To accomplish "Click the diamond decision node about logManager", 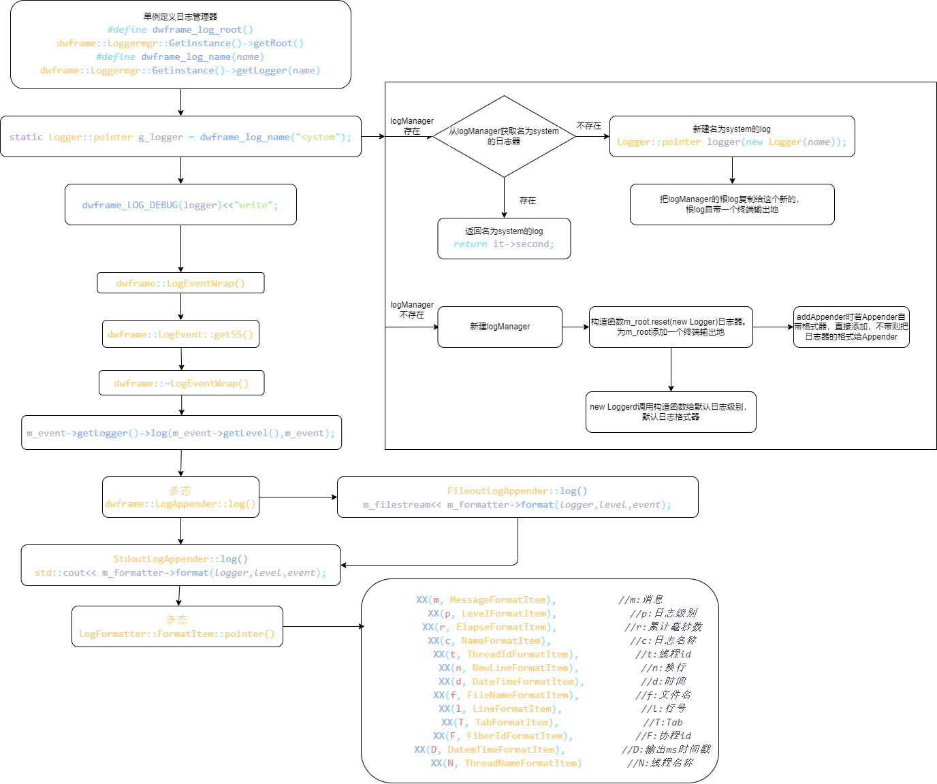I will [x=504, y=136].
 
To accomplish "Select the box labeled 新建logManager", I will [x=500, y=327].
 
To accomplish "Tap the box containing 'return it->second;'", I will [x=504, y=238].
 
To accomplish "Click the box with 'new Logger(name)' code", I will [x=732, y=136].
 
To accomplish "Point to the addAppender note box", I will [x=851, y=327].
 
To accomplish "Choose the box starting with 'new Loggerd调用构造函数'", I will [x=671, y=412].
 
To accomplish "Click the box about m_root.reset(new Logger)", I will [x=671, y=327].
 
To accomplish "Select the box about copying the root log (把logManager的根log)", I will [x=732, y=204].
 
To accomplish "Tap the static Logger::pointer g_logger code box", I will [x=180, y=137].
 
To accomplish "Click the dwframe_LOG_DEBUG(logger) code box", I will [x=180, y=205].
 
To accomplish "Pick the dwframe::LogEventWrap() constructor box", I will [x=180, y=283].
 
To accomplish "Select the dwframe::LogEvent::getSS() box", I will [x=180, y=334].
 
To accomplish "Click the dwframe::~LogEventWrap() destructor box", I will [x=181, y=383].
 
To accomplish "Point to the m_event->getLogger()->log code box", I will [x=181, y=433].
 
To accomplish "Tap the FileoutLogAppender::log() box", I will [x=518, y=497].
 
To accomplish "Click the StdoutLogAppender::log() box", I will [x=180, y=566].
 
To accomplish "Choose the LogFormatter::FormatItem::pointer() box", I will [x=177, y=627].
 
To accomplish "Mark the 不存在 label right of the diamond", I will [x=589, y=126].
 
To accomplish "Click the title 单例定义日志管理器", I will [x=180, y=16].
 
